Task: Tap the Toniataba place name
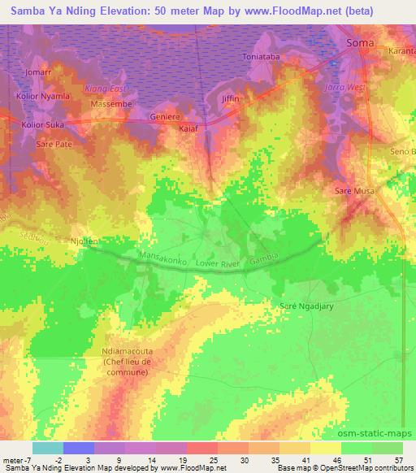pos(262,57)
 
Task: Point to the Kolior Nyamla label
pos(43,96)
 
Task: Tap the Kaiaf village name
pos(188,128)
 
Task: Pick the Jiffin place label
pos(232,97)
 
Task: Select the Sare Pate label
pos(54,143)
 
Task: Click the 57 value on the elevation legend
pos(398,459)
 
